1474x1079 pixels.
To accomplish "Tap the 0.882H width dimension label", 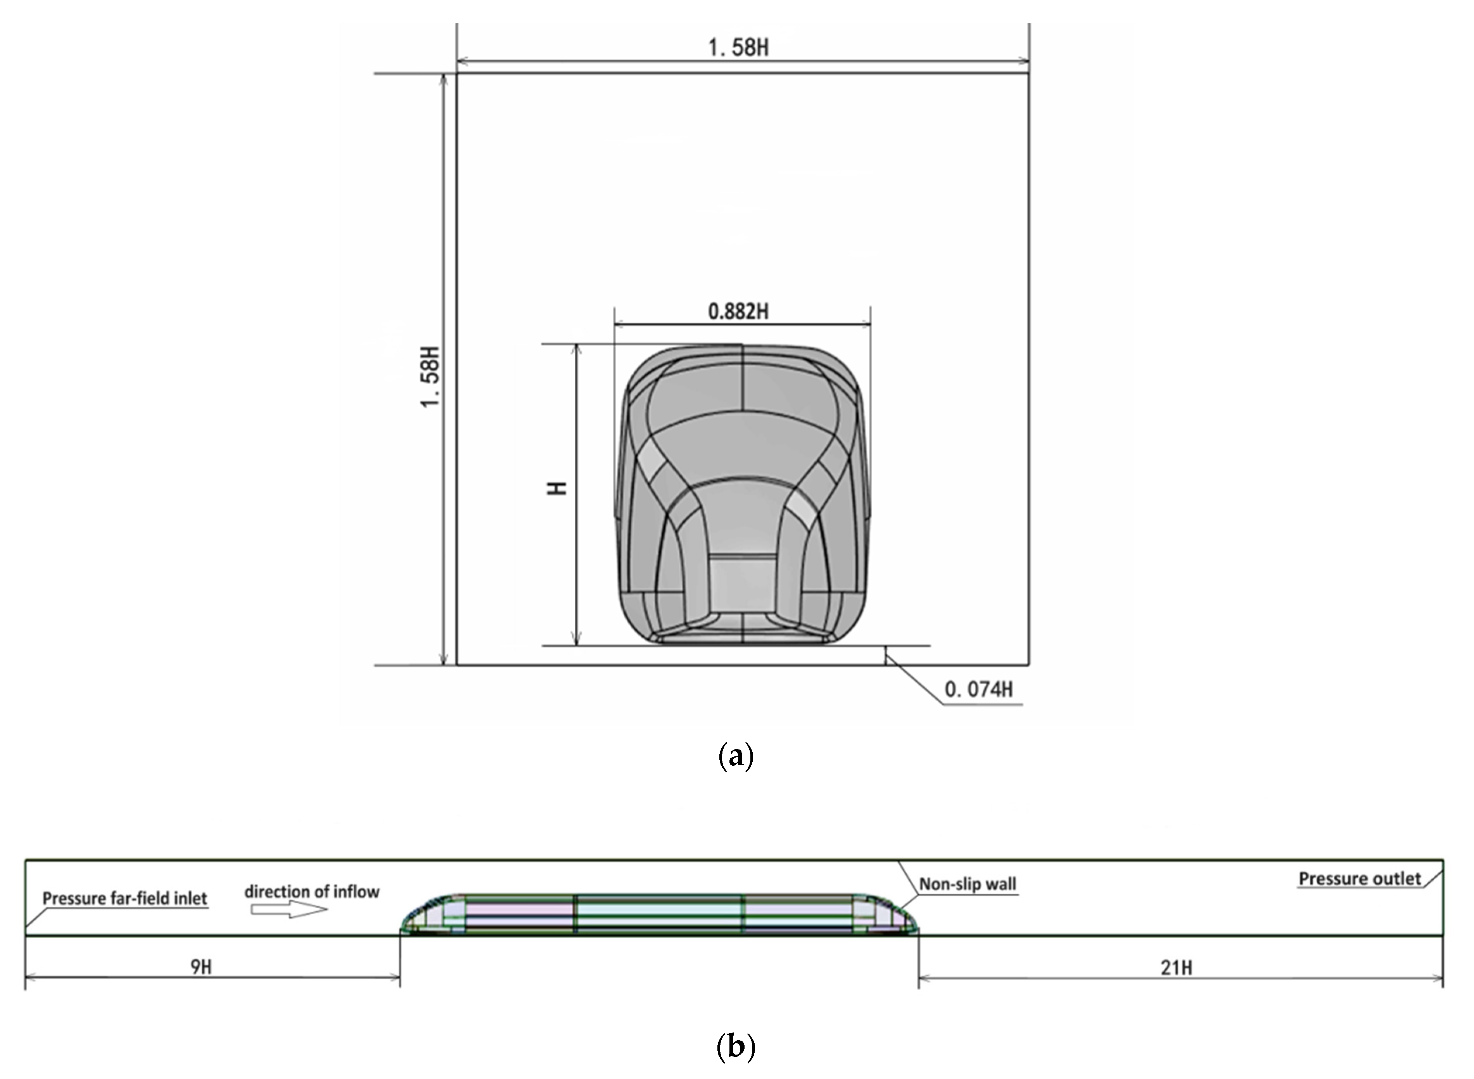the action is (x=738, y=312).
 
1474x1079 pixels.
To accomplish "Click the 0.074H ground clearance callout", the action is (x=979, y=689).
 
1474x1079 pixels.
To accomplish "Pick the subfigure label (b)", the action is (x=736, y=1047).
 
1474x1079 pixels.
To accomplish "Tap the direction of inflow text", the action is (x=312, y=892).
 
